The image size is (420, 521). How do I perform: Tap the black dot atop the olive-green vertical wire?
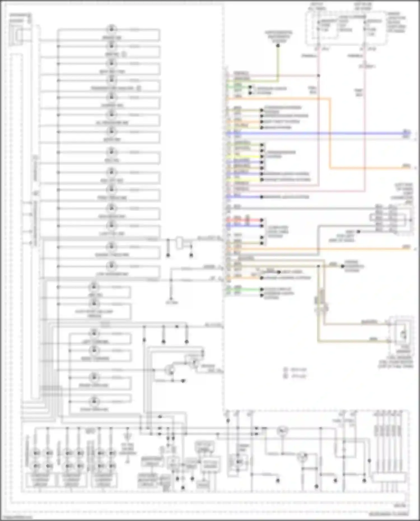[278, 46]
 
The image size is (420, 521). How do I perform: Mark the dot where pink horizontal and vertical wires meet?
[319, 76]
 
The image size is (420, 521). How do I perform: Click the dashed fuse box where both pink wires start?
[347, 28]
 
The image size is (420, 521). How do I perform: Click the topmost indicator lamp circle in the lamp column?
[111, 29]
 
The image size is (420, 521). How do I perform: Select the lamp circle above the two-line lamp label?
[94, 303]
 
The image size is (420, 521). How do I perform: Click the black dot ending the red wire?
[262, 220]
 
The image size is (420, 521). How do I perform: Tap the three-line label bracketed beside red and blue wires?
[277, 232]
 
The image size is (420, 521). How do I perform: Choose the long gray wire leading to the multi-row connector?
[302, 209]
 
